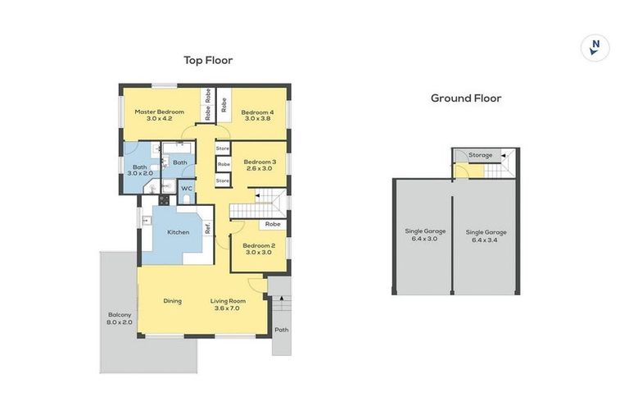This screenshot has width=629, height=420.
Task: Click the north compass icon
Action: click(595, 47)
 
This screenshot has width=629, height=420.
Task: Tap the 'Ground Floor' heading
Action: click(466, 98)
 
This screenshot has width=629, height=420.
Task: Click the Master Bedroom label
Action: click(159, 116)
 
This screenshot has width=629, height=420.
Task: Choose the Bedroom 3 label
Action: click(260, 165)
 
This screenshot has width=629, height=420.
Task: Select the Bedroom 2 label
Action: click(259, 249)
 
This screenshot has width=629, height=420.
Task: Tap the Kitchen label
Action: click(179, 232)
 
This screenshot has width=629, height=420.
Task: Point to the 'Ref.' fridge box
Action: click(208, 229)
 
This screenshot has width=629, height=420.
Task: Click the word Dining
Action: click(172, 301)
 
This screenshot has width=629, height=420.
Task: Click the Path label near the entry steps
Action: click(282, 331)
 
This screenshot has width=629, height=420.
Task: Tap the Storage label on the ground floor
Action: click(481, 155)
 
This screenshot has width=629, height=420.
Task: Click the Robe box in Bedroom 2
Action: click(273, 224)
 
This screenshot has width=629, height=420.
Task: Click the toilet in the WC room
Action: click(187, 198)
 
